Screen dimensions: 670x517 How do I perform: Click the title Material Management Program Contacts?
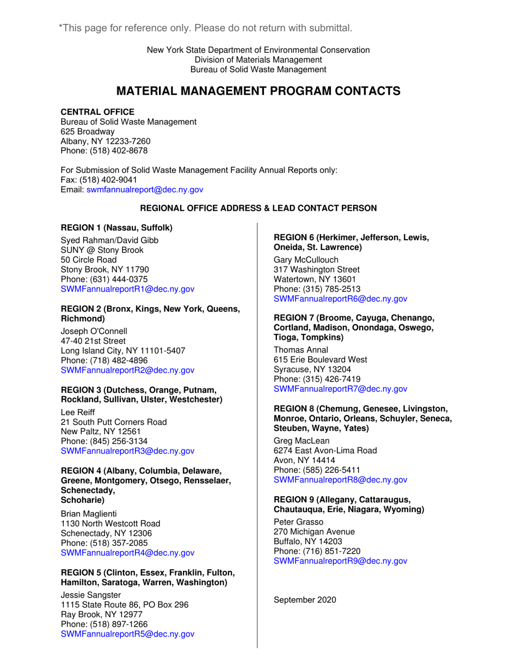pyautogui.click(x=258, y=92)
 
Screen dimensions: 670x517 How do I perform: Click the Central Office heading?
pyautogui.click(x=97, y=112)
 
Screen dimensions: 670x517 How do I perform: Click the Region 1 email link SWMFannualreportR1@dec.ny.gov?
pyautogui.click(x=127, y=289)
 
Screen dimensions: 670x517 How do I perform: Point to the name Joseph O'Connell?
pyautogui.click(x=94, y=331)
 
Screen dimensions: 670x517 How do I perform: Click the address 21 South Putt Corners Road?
pyautogui.click(x=114, y=422)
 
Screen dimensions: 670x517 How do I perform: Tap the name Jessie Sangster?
pyautogui.click(x=90, y=594)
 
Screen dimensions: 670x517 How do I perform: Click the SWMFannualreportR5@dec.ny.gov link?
pyautogui.click(x=127, y=634)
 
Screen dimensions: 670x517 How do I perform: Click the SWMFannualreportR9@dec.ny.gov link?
pyautogui.click(x=340, y=561)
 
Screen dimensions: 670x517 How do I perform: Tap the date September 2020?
pyautogui.click(x=305, y=600)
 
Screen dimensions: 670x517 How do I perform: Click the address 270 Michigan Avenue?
pyautogui.click(x=314, y=532)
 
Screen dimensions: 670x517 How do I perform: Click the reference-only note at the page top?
pyautogui.click(x=205, y=28)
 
